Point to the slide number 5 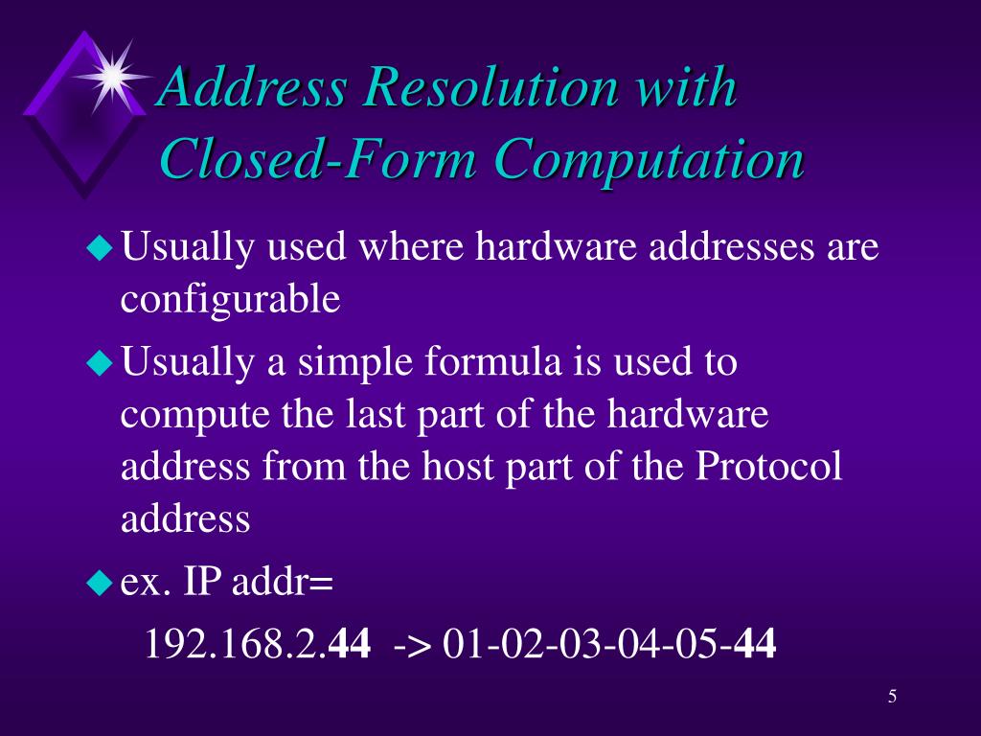tap(892, 696)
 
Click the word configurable tap(230, 300)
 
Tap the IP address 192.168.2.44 tap(257, 644)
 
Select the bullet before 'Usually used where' tap(100, 249)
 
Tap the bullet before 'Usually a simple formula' tap(100, 364)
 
